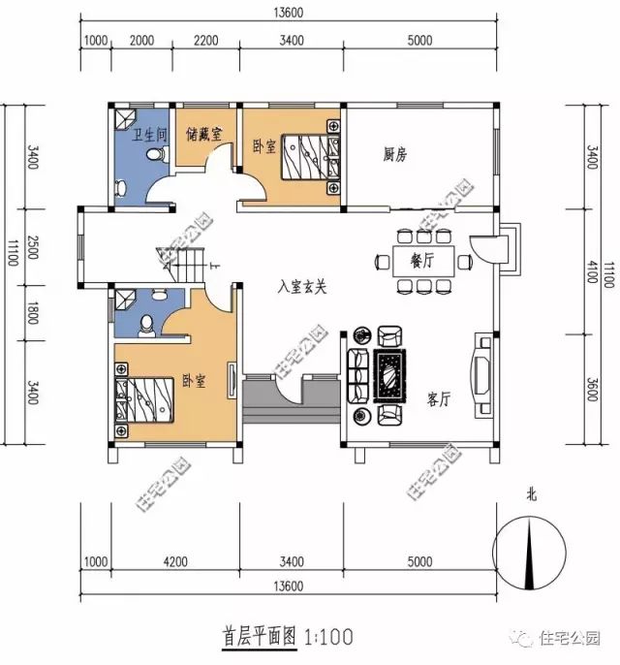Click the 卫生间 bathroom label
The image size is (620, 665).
(151, 135)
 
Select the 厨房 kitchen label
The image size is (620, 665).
(394, 154)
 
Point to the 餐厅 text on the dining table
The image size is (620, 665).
(420, 260)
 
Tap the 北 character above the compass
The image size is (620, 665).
(531, 494)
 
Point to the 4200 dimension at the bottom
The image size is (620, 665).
(176, 561)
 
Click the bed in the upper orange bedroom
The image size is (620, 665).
(311, 153)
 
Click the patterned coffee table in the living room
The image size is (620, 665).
(389, 373)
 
